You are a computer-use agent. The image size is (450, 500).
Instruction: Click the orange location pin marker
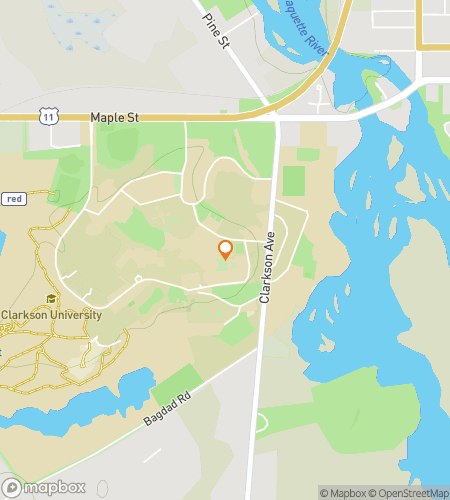click(225, 250)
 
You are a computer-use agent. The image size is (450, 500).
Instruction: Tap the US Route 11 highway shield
click(48, 118)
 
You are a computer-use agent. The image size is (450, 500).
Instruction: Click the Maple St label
click(114, 118)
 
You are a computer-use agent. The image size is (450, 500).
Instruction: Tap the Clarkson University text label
click(51, 315)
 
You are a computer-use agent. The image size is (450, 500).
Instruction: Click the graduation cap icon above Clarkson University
click(50, 299)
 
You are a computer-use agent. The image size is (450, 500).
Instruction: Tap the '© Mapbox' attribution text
click(342, 492)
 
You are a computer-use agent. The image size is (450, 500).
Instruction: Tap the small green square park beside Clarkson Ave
click(294, 181)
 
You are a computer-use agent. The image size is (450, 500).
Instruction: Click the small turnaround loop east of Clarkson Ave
click(319, 98)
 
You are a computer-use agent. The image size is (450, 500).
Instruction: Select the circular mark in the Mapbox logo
click(12, 488)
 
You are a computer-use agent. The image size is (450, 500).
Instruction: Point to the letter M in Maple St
click(95, 118)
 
